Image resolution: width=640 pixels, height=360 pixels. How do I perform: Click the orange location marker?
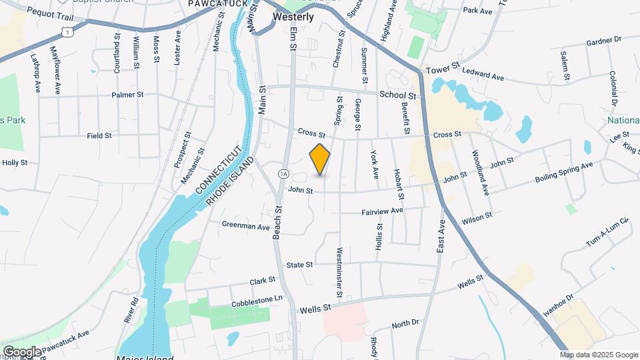320,159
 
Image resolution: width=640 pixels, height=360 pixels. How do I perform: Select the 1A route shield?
284,174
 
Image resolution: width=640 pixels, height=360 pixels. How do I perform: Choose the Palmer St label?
127,95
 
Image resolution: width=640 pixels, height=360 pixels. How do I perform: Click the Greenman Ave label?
245,227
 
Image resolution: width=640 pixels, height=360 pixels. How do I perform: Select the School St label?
398,95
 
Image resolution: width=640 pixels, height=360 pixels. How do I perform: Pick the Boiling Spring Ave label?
564,173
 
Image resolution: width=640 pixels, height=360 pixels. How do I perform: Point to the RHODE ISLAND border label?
231,182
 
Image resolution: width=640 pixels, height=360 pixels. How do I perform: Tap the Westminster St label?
339,272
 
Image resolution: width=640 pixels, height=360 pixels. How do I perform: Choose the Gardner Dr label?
603,41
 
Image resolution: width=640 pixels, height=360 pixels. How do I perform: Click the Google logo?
22,351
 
